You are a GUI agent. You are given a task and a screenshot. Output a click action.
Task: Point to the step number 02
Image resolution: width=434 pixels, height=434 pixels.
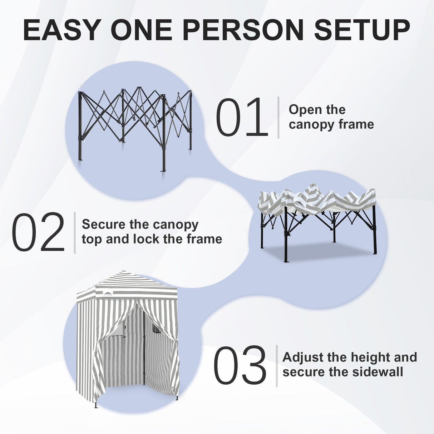pos(38,233)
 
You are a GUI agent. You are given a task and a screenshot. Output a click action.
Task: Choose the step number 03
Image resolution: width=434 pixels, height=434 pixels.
pos(240,366)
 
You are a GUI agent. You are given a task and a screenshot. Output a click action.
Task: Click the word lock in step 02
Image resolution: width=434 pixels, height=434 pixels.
pos(146,239)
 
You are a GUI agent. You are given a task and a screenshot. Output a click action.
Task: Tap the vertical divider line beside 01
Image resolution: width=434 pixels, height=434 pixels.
pos(278,117)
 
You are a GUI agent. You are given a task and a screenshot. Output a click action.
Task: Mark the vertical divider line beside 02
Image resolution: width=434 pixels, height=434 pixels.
pos(75,233)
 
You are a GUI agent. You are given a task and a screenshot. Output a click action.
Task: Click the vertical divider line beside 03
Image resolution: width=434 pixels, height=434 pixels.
pos(277,366)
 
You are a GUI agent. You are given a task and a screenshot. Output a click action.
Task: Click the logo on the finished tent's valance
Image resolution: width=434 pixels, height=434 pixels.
pos(108,294)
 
